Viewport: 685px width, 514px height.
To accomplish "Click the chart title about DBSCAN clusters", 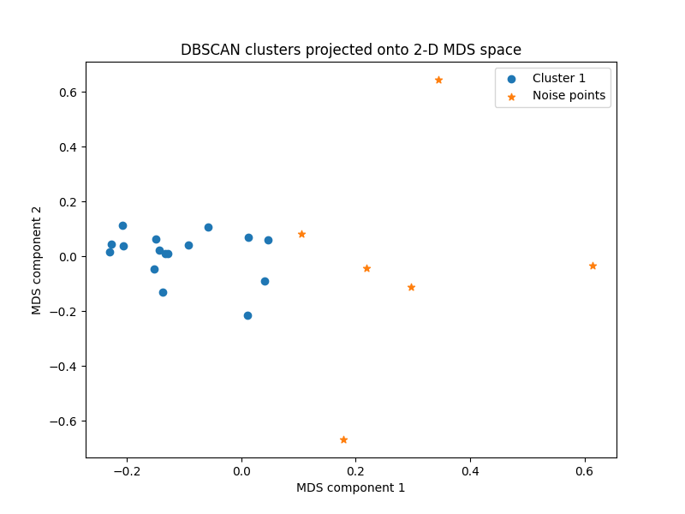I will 350,50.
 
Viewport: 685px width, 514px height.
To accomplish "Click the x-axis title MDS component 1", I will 350,487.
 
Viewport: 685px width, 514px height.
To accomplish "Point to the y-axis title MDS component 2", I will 37,260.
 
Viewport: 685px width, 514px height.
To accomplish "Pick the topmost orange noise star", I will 438,80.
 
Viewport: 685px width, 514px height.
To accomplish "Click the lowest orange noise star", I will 343,439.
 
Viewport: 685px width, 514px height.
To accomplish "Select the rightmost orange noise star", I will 593,266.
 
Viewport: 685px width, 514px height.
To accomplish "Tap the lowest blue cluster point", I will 247,315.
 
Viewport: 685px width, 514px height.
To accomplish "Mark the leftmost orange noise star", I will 301,234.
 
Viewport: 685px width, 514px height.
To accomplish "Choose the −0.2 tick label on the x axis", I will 127,470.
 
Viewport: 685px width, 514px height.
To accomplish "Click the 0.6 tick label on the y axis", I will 68,92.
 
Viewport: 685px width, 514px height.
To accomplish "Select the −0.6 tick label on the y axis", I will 63,421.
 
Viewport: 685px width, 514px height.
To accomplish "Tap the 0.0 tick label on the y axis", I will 68,257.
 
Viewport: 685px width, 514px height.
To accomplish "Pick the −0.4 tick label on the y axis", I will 63,367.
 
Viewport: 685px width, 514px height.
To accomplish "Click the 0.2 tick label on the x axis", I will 355,470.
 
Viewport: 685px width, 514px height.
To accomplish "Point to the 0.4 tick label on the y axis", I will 68,146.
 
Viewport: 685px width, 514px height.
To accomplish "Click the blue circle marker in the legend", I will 511,78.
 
